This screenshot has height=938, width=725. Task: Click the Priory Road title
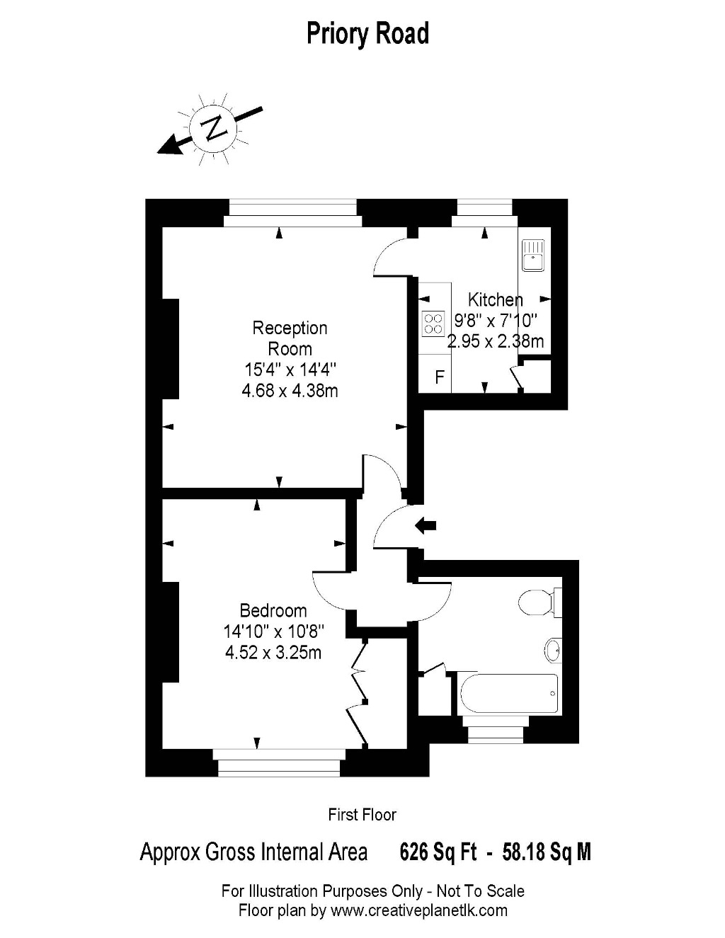pos(367,34)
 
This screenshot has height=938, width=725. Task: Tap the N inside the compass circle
pos(213,127)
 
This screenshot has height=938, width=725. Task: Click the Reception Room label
pos(290,338)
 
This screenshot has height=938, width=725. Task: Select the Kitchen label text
pos(496,299)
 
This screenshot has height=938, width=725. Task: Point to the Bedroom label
pos(273,611)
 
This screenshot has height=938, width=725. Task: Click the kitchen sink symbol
pos(533,256)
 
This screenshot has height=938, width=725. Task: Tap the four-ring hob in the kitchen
pos(433,324)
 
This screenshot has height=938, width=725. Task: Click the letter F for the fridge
pos(439,377)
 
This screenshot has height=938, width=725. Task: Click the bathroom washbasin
pos(552,651)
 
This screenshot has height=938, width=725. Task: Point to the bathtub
pos(509,694)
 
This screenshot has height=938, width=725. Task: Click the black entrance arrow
pos(426,525)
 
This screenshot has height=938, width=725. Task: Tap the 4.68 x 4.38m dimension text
pos(290,391)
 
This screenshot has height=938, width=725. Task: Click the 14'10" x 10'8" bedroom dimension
pos(273,631)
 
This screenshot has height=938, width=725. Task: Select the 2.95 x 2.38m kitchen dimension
pos(496,341)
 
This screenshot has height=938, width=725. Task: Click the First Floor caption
pos(362,815)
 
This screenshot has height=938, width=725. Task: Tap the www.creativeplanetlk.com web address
pos(419,910)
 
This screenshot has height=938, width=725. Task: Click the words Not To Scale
pos(481,891)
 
